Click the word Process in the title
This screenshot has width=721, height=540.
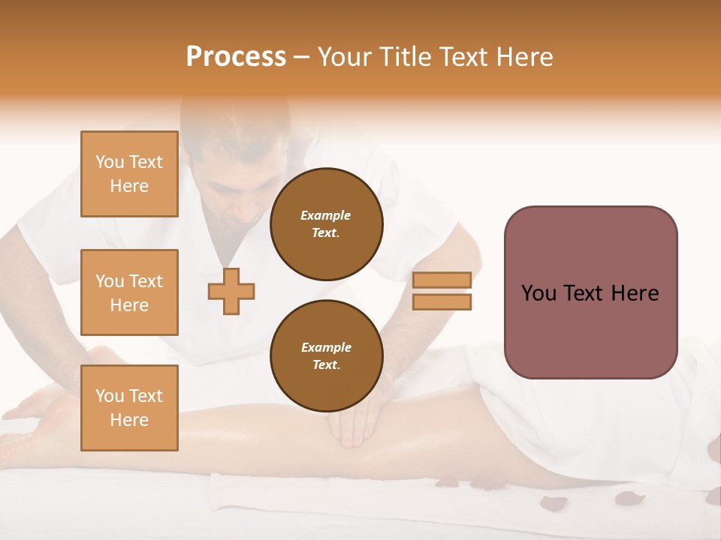coord(236,57)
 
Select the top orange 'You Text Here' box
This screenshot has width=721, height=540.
coord(129,174)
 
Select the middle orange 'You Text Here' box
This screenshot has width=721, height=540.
coord(129,292)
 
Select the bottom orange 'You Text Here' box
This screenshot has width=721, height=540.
coord(129,407)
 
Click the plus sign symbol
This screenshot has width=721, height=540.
coord(231,291)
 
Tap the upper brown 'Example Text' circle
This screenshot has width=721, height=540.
coord(326,224)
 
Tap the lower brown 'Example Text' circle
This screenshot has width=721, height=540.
coord(326,355)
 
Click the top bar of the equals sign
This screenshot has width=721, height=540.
coord(442,280)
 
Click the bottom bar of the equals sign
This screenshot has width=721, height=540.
coord(442,301)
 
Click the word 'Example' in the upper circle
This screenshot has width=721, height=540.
coord(326,215)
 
